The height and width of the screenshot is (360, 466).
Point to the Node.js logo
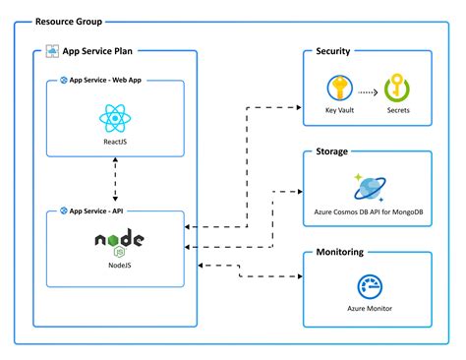coord(121,241)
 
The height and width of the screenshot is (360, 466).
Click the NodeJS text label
coord(122,264)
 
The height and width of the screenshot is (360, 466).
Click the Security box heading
coord(334,52)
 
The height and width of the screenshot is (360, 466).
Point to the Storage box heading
coord(333,153)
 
